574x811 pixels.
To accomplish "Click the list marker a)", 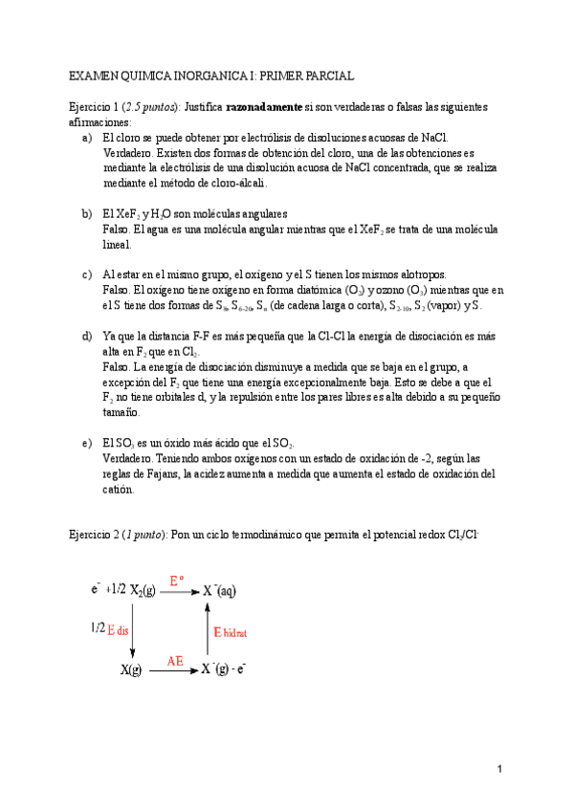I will (89, 138).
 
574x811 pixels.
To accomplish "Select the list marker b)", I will (89, 212).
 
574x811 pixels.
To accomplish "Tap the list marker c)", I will (89, 274).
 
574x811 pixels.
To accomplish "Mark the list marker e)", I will (89, 442).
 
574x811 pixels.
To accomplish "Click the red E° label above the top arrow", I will (176, 580).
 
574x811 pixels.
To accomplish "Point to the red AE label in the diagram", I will (175, 660).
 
